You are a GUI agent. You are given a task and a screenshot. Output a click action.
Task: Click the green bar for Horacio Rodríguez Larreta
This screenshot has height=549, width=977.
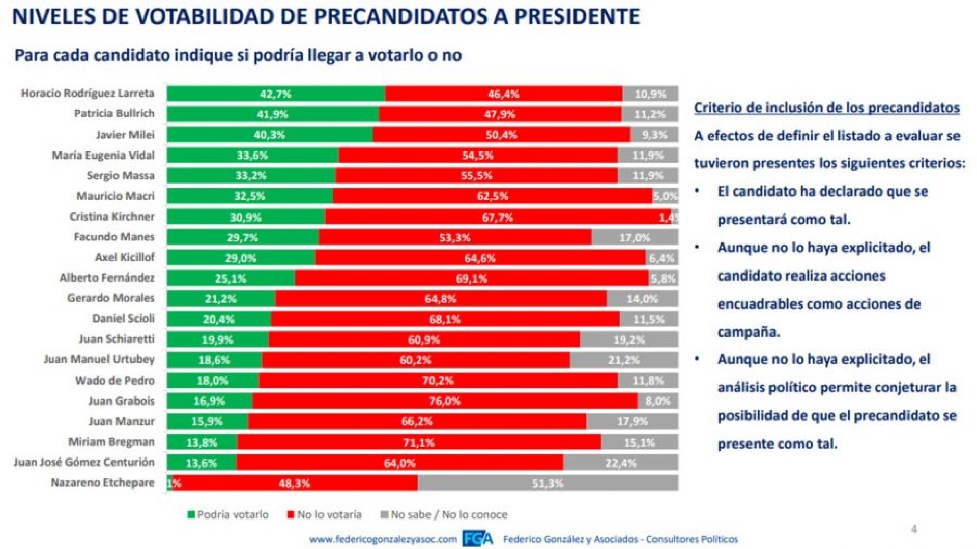tap(276, 94)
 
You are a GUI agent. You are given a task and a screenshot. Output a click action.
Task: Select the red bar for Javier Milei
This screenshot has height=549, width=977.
tap(501, 135)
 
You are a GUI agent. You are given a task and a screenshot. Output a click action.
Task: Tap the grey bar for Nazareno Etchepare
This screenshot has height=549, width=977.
tap(548, 483)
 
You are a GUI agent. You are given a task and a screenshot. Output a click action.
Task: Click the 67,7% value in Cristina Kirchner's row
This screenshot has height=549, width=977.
tap(498, 218)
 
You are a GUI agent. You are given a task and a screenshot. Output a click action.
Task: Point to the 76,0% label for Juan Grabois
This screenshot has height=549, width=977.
tap(444, 401)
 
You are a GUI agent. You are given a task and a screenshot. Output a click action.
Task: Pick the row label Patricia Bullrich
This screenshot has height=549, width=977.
tap(114, 114)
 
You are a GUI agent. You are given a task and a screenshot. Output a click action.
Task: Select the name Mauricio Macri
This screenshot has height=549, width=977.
tap(116, 196)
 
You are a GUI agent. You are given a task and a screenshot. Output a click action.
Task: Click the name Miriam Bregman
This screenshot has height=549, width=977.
tap(111, 442)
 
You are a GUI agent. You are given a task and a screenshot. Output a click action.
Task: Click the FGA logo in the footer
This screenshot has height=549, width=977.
tap(477, 539)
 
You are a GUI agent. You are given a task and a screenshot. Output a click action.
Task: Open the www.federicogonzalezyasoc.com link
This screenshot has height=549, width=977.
tap(383, 539)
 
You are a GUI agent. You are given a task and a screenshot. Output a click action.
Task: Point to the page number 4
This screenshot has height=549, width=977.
tap(914, 529)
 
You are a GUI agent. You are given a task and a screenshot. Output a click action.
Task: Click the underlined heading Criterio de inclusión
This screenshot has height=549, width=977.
tap(826, 108)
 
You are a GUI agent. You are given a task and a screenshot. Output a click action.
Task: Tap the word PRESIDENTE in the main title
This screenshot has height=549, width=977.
tap(577, 17)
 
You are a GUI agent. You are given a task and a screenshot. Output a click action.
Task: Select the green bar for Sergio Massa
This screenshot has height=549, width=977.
tap(251, 176)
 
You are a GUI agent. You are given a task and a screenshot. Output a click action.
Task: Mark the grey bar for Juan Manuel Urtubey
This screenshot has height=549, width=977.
tap(624, 360)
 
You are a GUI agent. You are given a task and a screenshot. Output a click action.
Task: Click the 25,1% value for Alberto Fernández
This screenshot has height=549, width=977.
tap(231, 279)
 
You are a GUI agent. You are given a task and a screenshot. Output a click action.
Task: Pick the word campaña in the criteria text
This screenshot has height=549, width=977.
tap(749, 332)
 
